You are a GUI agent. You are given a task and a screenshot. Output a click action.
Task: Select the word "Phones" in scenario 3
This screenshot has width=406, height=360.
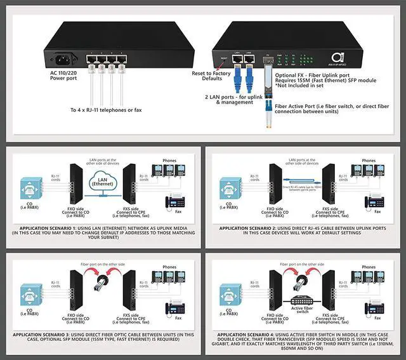point(169,267)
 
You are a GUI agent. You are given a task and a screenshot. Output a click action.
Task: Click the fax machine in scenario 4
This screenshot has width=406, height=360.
point(374,309)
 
